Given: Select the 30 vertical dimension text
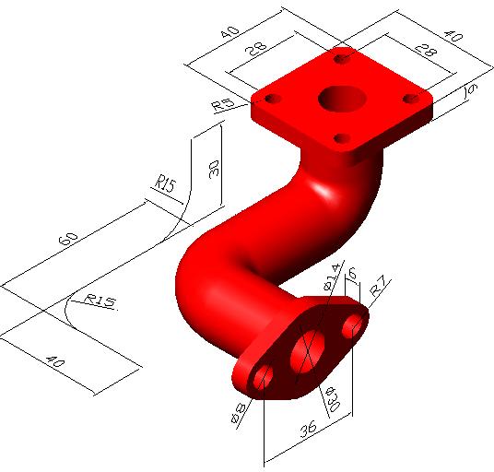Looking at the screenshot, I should point(214,168).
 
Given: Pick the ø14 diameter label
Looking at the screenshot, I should point(332,279).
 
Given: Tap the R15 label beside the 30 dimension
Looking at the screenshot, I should point(165,186).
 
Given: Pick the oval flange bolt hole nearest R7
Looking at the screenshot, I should point(351,326).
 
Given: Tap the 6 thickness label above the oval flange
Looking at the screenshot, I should point(352,272).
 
